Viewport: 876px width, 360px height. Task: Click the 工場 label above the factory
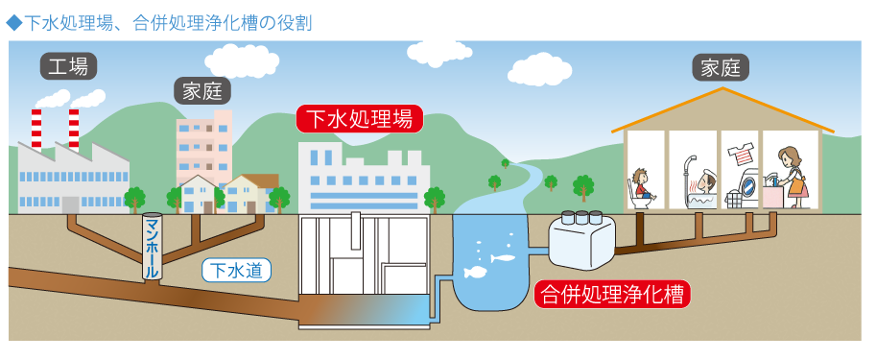pos(69,67)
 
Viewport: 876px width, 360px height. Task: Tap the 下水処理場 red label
pos(359,119)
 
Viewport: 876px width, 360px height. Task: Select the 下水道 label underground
pos(236,271)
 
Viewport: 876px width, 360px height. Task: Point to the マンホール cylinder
pos(151,248)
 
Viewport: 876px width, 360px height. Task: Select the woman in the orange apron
pos(793,178)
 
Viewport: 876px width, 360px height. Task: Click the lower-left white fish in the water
pos(474,273)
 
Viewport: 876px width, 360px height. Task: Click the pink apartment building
pos(203,144)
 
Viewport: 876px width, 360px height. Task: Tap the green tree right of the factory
pos(134,200)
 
